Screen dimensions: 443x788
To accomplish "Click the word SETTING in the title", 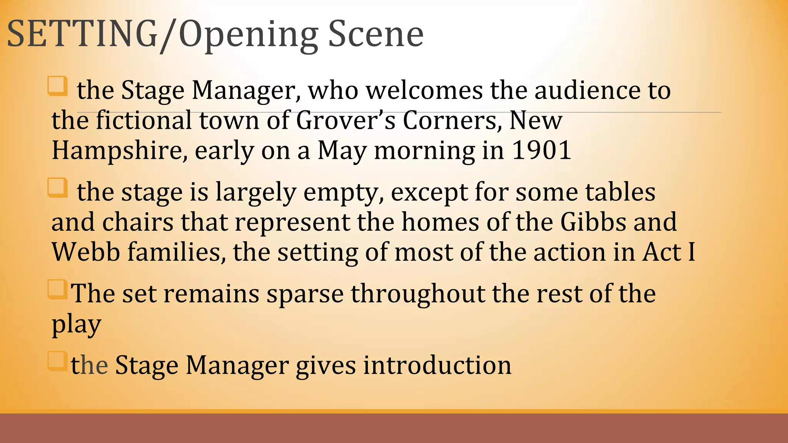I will tap(82, 35).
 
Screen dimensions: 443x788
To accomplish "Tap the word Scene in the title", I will tap(376, 35).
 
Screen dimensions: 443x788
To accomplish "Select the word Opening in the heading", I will tap(248, 37).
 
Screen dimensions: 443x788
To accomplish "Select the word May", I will tap(342, 151).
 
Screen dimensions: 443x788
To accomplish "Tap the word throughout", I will tap(417, 295).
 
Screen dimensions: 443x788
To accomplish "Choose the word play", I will tap(76, 325).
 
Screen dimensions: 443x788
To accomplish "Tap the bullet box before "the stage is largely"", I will tap(58, 188).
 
